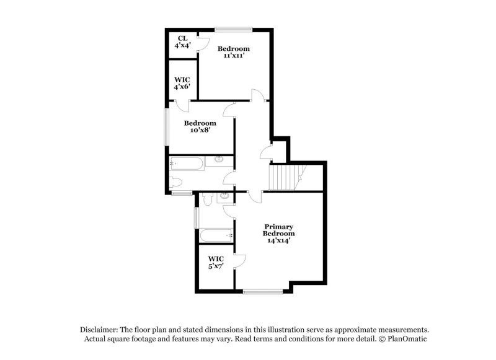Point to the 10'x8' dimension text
tap(200, 131)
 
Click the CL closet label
tap(182, 38)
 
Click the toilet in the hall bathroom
tap(175, 182)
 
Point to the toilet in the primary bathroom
tap(207, 200)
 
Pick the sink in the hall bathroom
tap(219, 160)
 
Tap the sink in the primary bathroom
tap(225, 197)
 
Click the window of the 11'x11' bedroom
tap(234, 29)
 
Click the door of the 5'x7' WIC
tap(239, 261)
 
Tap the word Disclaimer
tap(99, 330)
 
